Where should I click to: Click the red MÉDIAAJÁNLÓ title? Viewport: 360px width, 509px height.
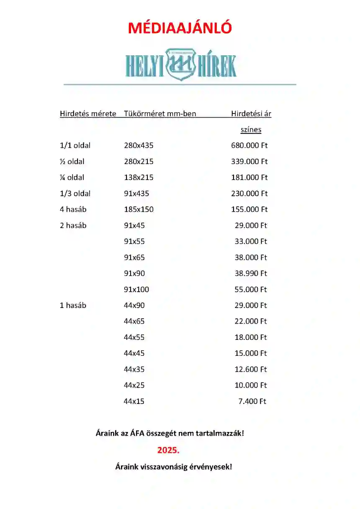(x=180, y=28)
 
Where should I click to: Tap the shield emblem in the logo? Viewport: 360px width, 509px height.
(x=181, y=64)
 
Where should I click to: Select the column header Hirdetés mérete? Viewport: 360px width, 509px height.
(x=88, y=113)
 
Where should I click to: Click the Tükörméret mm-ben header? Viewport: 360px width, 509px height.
(x=160, y=113)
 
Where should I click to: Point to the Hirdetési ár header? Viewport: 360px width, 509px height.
(x=251, y=113)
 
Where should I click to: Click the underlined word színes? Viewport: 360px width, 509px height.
(x=251, y=130)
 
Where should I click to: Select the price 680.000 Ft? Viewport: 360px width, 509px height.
(x=249, y=146)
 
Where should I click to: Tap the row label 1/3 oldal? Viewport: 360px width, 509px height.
(x=75, y=193)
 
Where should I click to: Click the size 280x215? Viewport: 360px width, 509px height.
(x=139, y=162)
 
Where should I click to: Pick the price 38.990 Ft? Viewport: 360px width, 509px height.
(x=251, y=273)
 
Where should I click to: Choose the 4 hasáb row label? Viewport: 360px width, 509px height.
(x=73, y=209)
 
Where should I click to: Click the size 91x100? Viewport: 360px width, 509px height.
(x=136, y=289)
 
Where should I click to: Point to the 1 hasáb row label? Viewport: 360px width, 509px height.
(x=73, y=305)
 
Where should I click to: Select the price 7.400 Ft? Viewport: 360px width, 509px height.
(x=252, y=401)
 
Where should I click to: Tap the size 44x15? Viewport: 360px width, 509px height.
(x=134, y=401)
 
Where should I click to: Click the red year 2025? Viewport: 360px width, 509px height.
(x=168, y=450)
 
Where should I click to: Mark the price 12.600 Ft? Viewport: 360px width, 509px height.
(x=251, y=369)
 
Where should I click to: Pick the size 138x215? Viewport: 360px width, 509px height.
(x=139, y=177)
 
